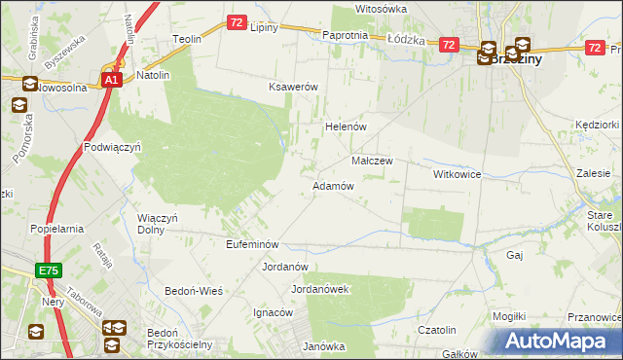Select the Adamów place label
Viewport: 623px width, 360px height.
point(332,186)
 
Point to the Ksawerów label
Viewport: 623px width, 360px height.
point(294,87)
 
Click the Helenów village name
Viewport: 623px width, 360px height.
point(344,127)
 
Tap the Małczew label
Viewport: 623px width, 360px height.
point(371,161)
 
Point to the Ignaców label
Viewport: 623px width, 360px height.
point(274,313)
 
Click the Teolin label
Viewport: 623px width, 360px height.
point(186,39)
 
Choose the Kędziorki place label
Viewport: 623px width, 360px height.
point(597,126)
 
